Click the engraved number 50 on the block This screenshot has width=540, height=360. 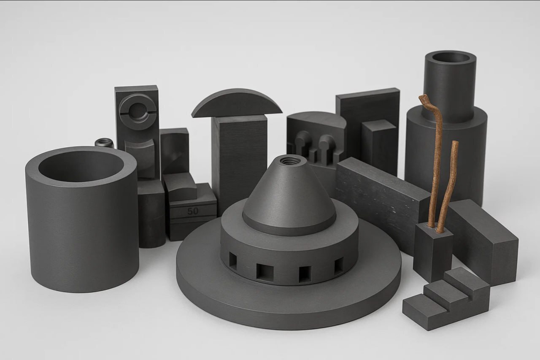coord(193,211)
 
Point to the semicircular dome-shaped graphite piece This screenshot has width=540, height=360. coord(236,103)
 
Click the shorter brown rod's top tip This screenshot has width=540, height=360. coord(455,143)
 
